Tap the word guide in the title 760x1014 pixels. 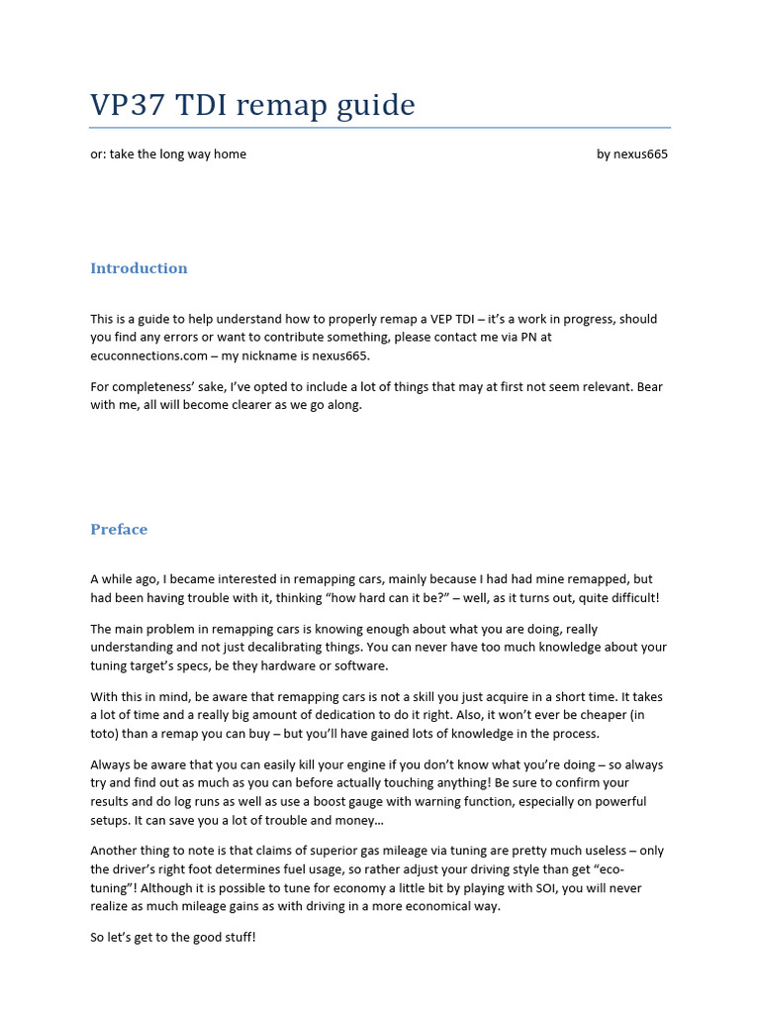tap(375, 105)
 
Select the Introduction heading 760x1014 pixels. tap(139, 268)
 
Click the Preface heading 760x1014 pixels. tap(119, 529)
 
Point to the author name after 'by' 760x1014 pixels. tap(641, 154)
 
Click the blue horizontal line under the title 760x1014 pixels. tap(380, 128)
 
